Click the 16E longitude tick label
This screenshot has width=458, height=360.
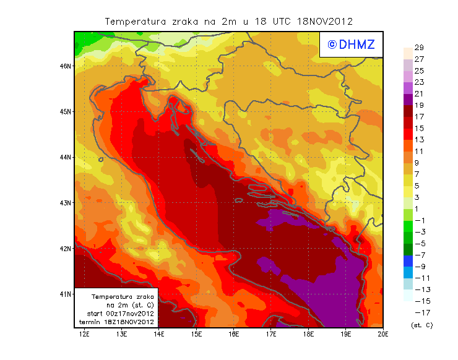[x=234, y=334]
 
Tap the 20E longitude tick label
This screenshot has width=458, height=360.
[x=383, y=334]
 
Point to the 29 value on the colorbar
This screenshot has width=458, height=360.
[x=419, y=48]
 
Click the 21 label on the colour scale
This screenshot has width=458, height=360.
[x=419, y=93]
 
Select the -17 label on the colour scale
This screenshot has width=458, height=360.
[x=421, y=313]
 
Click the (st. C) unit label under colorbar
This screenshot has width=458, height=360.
[x=422, y=325]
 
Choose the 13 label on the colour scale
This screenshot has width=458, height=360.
[x=419, y=140]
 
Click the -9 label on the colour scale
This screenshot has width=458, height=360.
[x=419, y=267]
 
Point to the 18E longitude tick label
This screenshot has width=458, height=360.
[x=309, y=334]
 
